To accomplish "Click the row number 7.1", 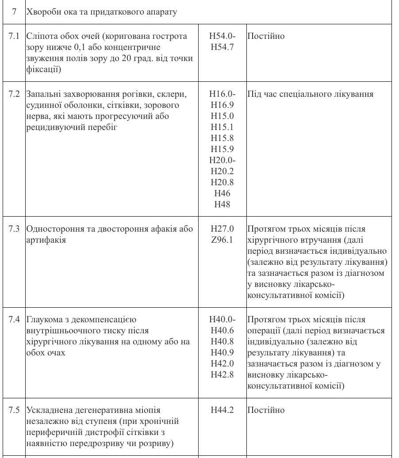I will pos(14,36).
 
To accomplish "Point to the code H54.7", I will pos(223,47).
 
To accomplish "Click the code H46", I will pos(223,193).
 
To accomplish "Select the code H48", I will pos(223,204).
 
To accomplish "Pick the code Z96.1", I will pos(223,240).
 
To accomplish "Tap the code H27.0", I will pos(223,229).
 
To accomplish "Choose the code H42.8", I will pos(223,374).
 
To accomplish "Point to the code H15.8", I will pos(223,138).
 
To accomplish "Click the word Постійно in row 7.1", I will pos(266,36).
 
